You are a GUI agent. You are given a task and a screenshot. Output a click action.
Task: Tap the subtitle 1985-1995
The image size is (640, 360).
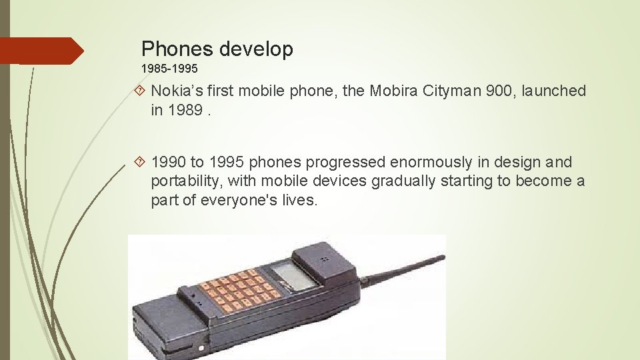[169, 69]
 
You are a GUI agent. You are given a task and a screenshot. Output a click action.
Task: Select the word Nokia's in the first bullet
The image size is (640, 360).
[177, 91]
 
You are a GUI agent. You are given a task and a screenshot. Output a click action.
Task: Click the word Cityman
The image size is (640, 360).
[453, 91]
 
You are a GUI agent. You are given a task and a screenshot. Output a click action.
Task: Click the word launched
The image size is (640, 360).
[555, 91]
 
